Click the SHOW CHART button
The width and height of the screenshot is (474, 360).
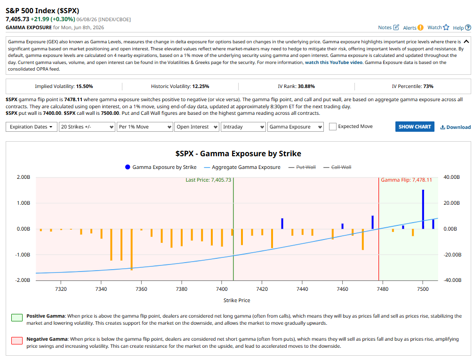click(x=414, y=127)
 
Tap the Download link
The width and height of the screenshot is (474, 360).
click(x=456, y=127)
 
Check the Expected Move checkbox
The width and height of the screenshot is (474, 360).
click(x=332, y=127)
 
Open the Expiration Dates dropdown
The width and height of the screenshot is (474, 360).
click(x=31, y=127)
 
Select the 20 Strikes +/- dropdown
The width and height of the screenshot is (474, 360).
click(x=87, y=127)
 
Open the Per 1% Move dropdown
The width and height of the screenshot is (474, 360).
click(x=145, y=127)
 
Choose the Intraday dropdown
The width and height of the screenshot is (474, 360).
click(x=243, y=127)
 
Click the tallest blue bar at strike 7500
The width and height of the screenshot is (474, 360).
click(x=423, y=209)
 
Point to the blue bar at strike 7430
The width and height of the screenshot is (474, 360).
click(x=282, y=224)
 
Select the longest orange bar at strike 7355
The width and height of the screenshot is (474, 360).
click(x=131, y=249)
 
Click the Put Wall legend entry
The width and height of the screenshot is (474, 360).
click(x=302, y=167)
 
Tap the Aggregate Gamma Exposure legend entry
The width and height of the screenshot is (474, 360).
click(x=242, y=167)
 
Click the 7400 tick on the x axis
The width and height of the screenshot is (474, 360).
click(x=222, y=289)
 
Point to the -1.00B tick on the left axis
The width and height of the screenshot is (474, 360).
click(x=23, y=255)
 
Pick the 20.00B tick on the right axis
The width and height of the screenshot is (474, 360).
click(x=451, y=203)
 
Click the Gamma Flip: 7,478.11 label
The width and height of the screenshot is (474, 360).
click(x=406, y=180)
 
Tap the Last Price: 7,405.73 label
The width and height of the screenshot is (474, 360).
click(x=208, y=180)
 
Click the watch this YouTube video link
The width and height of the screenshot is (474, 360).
click(x=333, y=63)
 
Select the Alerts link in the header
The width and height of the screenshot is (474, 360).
click(x=413, y=28)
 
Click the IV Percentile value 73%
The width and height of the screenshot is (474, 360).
click(x=428, y=87)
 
